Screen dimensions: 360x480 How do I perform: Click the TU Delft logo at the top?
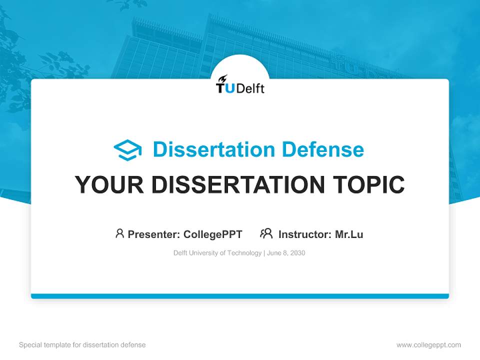point(240,86)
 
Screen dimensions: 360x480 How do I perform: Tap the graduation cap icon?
point(127,150)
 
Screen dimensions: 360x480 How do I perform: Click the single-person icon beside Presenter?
point(119,233)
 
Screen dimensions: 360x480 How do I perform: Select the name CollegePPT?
point(212,234)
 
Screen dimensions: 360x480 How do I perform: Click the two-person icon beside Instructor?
point(266,233)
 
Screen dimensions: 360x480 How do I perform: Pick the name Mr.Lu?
point(349,234)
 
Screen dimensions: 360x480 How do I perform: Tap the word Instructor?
point(304,234)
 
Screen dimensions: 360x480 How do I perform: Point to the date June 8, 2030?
point(286,253)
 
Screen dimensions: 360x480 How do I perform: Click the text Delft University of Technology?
point(217,253)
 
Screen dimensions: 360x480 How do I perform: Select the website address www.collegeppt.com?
point(428,345)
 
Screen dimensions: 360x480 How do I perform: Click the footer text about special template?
point(82,345)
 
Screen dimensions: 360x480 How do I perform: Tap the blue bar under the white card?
point(240,296)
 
